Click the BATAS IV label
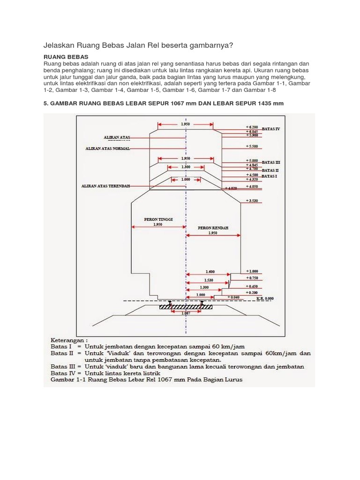pyautogui.click(x=271, y=128)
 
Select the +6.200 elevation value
pyautogui.click(x=252, y=127)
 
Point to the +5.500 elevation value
pyautogui.click(x=252, y=147)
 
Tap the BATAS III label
pyautogui.click(x=270, y=162)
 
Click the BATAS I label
pyautogui.click(x=270, y=176)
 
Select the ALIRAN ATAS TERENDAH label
pyautogui.click(x=105, y=186)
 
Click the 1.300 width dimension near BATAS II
pyautogui.click(x=186, y=166)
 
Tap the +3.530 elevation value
pyautogui.click(x=252, y=201)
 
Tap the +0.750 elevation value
pyautogui.click(x=252, y=278)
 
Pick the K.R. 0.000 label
pyautogui.click(x=265, y=298)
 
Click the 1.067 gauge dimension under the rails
pyautogui.click(x=186, y=313)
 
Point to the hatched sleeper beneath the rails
pyautogui.click(x=186, y=307)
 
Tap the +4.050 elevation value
pyautogui.click(x=252, y=186)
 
